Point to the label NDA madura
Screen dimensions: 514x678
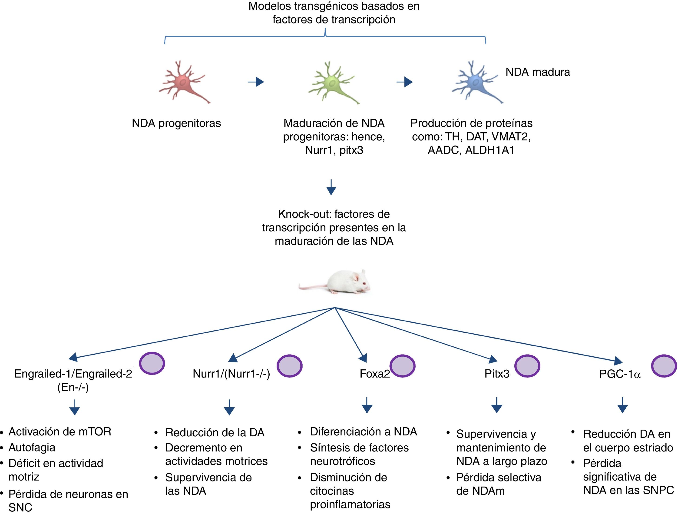[538, 72]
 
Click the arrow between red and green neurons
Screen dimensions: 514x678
[256, 82]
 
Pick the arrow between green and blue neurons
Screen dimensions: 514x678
[405, 82]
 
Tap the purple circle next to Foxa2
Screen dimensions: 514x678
[402, 366]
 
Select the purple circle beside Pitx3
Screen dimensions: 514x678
[527, 366]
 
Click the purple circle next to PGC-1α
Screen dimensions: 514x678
[664, 366]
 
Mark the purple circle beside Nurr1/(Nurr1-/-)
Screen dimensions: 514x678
[290, 366]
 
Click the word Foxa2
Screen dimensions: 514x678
[374, 374]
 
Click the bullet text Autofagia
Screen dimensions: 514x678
[32, 448]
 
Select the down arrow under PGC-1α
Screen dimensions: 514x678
[622, 405]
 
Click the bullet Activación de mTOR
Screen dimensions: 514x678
[60, 431]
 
